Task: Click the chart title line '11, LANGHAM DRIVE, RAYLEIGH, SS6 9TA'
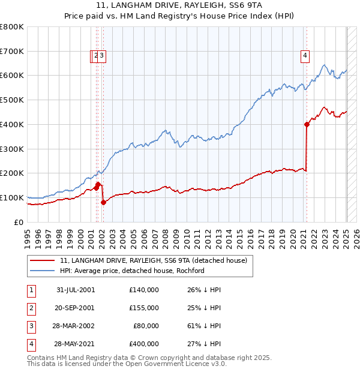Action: tap(179, 8)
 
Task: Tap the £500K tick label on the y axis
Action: tap(12, 100)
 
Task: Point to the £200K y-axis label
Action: tap(12, 173)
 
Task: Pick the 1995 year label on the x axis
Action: tap(27, 235)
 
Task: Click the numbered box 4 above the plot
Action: tap(305, 56)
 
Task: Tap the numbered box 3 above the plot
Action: tap(103, 56)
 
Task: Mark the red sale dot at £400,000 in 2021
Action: tap(307, 124)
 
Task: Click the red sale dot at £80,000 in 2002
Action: tap(103, 202)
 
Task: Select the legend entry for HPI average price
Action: tap(132, 271)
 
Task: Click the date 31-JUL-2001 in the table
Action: tap(75, 290)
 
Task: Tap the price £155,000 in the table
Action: tap(143, 308)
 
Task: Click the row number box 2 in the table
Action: tap(29, 308)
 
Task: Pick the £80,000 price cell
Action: tap(146, 326)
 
